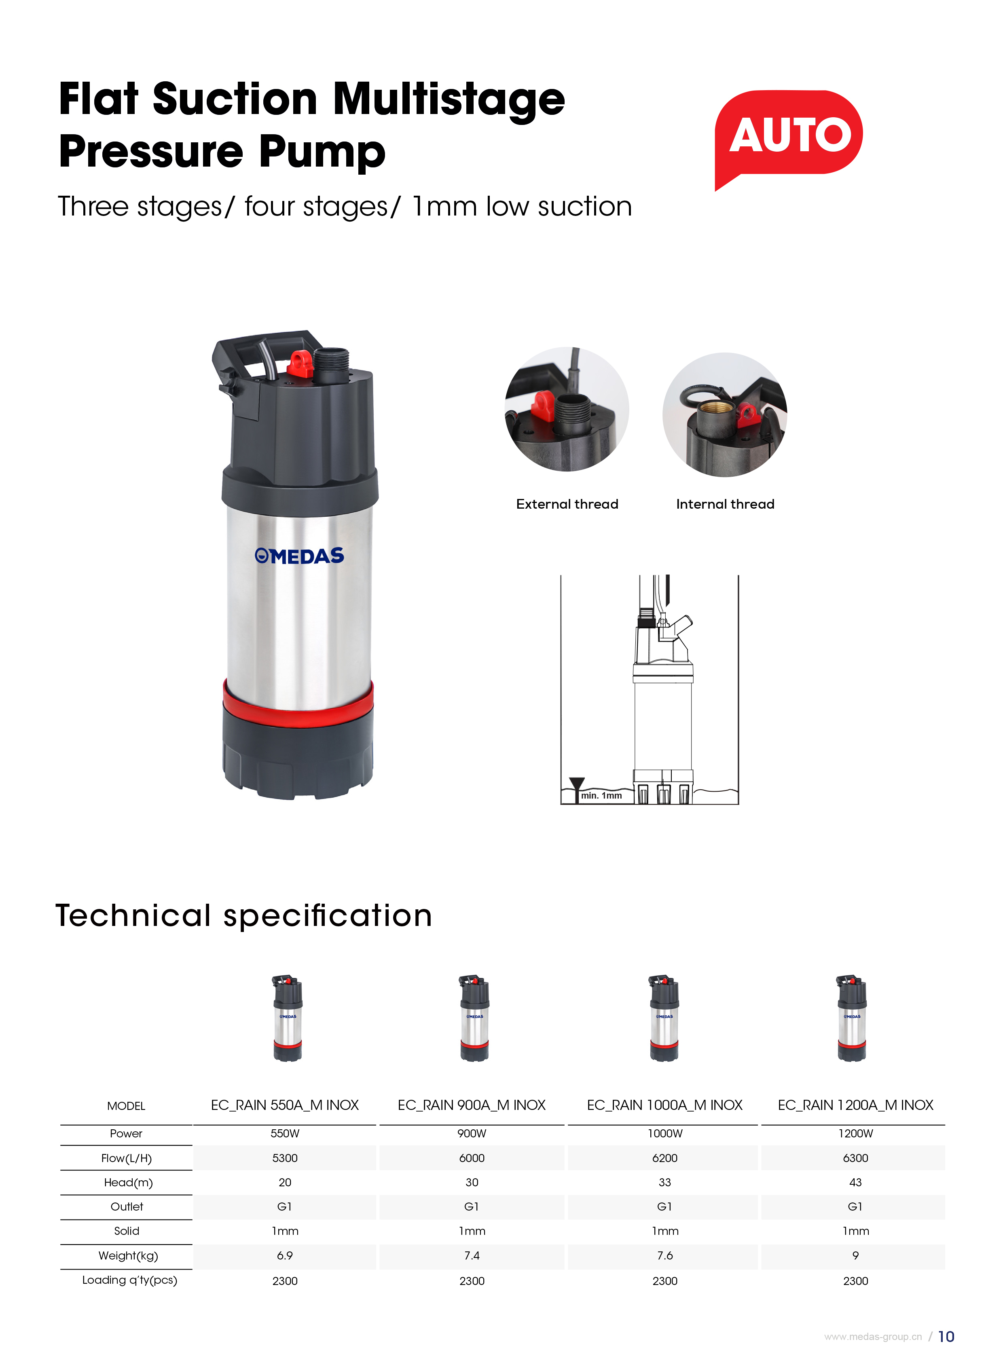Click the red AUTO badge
tap(788, 137)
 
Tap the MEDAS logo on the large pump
tap(299, 556)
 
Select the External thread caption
tap(567, 504)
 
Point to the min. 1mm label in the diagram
tap(601, 795)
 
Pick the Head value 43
tap(855, 1182)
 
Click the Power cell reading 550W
tap(285, 1133)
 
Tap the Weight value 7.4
tap(472, 1255)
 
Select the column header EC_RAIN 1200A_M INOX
tap(855, 1105)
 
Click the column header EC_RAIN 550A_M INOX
tap(285, 1105)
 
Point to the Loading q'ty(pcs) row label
tap(129, 1280)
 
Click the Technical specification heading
tap(243, 915)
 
